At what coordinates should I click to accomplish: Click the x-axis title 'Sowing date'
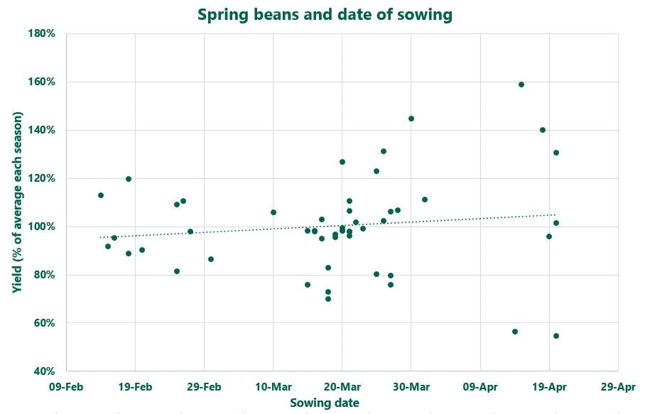click(x=324, y=403)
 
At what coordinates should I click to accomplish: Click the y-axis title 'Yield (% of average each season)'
click(x=18, y=202)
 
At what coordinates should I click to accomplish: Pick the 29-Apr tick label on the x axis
click(x=617, y=387)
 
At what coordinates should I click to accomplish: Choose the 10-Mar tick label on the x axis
click(x=273, y=387)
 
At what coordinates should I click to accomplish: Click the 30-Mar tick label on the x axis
click(x=411, y=387)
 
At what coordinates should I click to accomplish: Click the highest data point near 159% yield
click(x=521, y=85)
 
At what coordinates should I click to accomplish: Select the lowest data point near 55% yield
click(x=556, y=336)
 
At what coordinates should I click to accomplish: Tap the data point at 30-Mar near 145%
click(x=411, y=119)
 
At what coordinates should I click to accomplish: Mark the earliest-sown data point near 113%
click(x=101, y=195)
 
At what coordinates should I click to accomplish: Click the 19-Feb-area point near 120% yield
click(x=129, y=179)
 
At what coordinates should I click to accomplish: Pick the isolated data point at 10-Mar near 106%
click(x=273, y=212)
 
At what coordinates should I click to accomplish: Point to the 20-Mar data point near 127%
click(x=342, y=162)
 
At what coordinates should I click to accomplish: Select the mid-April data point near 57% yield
click(x=515, y=332)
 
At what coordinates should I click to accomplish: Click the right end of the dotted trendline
click(x=555, y=214)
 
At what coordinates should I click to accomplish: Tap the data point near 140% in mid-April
click(x=543, y=130)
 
